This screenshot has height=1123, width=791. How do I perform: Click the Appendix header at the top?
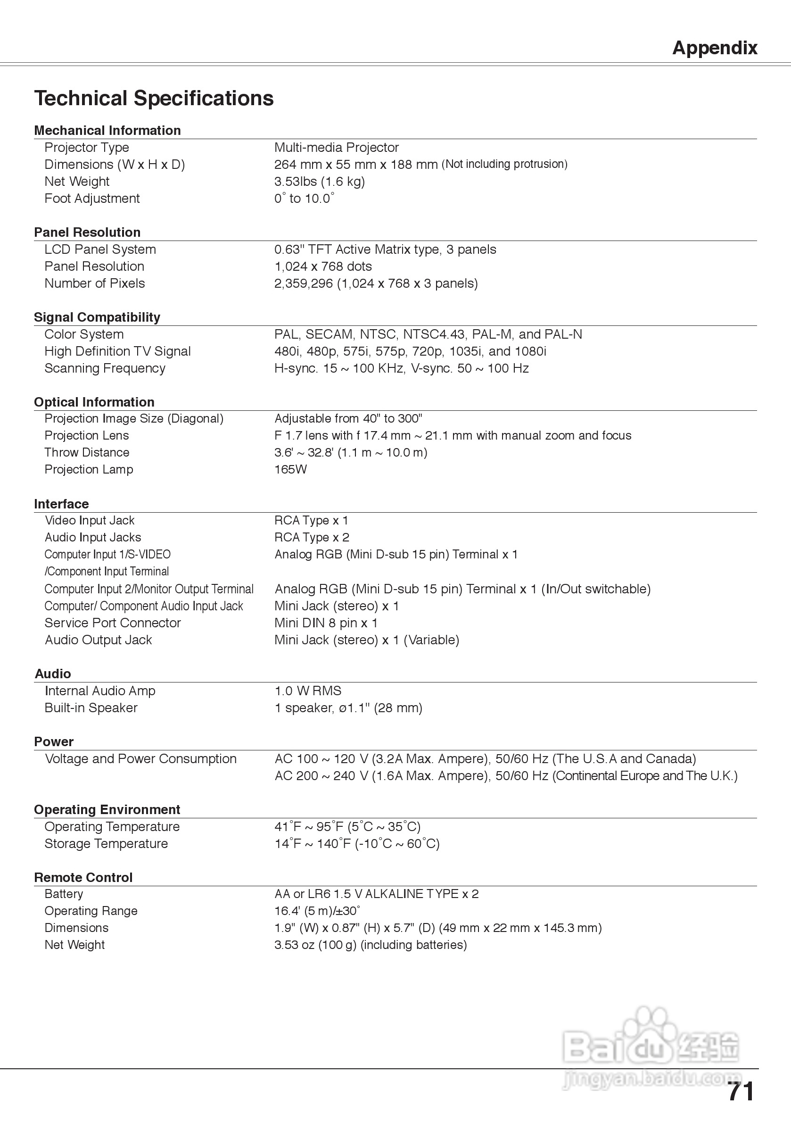pos(714,48)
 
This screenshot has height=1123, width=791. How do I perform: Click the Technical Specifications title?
pos(154,98)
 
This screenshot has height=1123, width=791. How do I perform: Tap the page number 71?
pos(740,1092)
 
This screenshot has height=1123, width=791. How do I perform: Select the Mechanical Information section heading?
pos(107,131)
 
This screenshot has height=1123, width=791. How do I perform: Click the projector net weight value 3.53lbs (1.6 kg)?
pos(319,182)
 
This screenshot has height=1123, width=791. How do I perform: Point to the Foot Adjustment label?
pos(92,199)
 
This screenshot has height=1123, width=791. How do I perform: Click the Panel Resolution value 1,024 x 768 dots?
pos(322,266)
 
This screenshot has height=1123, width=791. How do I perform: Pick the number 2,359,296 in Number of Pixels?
pos(303,283)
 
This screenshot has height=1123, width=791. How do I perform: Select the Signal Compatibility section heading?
pos(97,317)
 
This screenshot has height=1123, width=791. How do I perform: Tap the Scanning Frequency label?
pos(105,368)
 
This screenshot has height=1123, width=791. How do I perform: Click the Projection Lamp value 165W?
pos(290,470)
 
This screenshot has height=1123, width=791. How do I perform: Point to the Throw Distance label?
pos(87,452)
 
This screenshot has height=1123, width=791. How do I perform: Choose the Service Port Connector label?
pos(113,623)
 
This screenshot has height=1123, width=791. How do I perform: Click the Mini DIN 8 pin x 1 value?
pos(326,623)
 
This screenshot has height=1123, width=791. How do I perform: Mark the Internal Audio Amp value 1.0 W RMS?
pos(307,691)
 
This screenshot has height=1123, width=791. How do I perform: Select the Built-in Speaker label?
pos(91,708)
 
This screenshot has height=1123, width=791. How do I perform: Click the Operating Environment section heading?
pos(107,810)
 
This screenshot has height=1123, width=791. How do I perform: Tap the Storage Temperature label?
pos(106,844)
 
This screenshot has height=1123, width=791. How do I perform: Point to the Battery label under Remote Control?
pos(64,894)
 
